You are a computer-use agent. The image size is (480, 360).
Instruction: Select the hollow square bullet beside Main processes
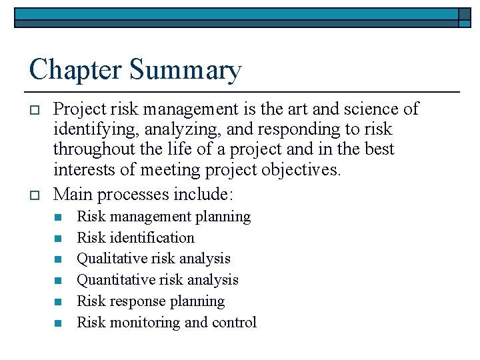(x=36, y=195)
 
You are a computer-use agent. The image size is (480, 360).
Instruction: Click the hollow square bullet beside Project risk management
(x=36, y=109)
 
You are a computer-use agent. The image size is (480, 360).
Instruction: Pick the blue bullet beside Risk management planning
(x=58, y=217)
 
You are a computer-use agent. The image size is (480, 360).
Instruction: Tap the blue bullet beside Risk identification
(x=58, y=239)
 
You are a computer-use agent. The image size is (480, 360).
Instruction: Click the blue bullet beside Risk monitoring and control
(x=58, y=323)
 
